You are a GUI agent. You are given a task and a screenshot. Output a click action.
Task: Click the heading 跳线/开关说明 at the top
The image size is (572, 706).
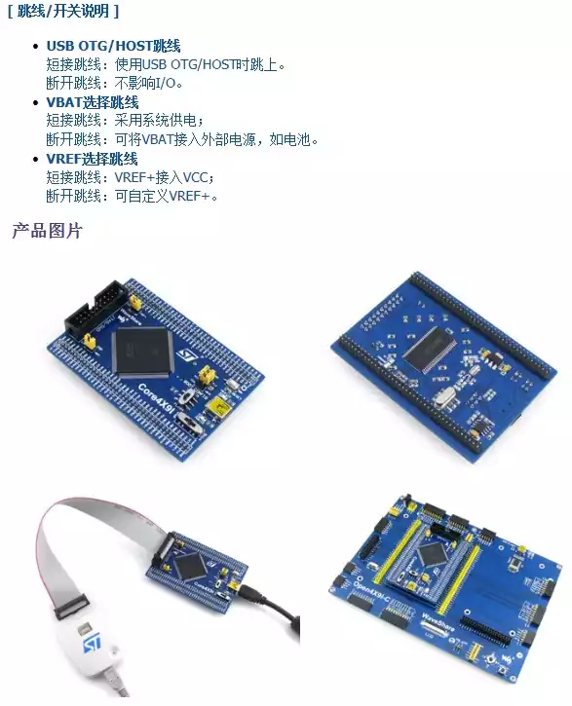click(63, 11)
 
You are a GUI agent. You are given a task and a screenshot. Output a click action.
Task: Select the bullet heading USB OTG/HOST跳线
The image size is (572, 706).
click(113, 46)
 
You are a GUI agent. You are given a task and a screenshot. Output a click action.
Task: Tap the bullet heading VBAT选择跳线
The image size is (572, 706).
click(93, 102)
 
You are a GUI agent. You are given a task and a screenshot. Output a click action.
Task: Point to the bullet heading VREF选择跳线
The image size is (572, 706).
click(92, 160)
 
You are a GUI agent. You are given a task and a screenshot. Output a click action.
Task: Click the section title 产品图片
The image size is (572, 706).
click(48, 231)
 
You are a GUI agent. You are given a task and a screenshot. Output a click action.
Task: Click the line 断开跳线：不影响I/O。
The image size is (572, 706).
click(114, 84)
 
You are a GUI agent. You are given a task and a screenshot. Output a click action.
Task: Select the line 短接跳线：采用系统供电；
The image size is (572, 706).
click(126, 121)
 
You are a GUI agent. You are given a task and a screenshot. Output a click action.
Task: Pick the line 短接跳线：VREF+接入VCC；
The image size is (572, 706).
click(131, 177)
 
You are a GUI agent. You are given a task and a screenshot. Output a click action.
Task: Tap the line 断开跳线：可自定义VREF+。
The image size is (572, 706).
click(132, 197)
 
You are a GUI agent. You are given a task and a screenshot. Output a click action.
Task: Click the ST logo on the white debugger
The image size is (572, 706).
click(92, 644)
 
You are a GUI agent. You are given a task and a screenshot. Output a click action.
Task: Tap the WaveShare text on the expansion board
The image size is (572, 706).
click(436, 623)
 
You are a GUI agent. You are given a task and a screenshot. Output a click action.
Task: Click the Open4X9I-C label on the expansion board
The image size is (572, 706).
click(371, 593)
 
